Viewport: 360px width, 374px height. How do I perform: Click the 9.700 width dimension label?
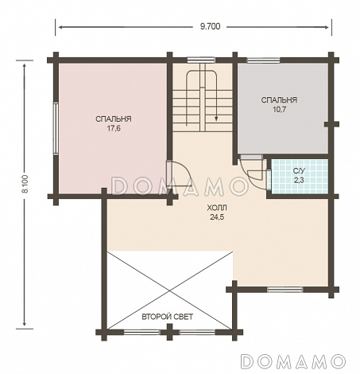point(210,26)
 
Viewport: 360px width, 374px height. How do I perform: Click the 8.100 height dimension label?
point(26,184)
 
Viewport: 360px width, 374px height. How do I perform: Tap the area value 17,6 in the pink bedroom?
point(114,129)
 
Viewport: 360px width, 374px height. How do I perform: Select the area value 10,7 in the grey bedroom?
point(280,109)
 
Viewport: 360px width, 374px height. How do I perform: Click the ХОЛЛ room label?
point(217,208)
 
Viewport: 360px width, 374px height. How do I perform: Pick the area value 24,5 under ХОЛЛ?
point(217,217)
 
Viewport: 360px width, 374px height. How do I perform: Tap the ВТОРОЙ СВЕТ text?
point(168,317)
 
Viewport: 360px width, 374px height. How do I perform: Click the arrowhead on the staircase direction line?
point(216,119)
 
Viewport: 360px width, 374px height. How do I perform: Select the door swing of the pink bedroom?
point(182,173)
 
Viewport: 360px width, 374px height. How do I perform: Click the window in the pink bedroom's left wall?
point(56,128)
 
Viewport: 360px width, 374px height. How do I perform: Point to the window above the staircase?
point(200,60)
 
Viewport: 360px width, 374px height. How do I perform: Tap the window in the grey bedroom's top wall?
point(263,60)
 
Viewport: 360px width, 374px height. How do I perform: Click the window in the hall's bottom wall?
point(285,290)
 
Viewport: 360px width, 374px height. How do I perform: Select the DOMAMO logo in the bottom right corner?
point(293,361)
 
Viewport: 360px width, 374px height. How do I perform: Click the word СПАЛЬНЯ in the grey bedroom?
point(279,100)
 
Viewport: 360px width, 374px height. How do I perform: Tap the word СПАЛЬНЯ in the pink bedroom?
point(114,119)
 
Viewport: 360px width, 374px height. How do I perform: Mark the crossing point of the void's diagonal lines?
point(169,290)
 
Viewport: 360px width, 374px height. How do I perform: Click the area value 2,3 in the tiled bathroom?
point(299,180)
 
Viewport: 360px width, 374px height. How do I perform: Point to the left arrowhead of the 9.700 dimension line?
point(60,27)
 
